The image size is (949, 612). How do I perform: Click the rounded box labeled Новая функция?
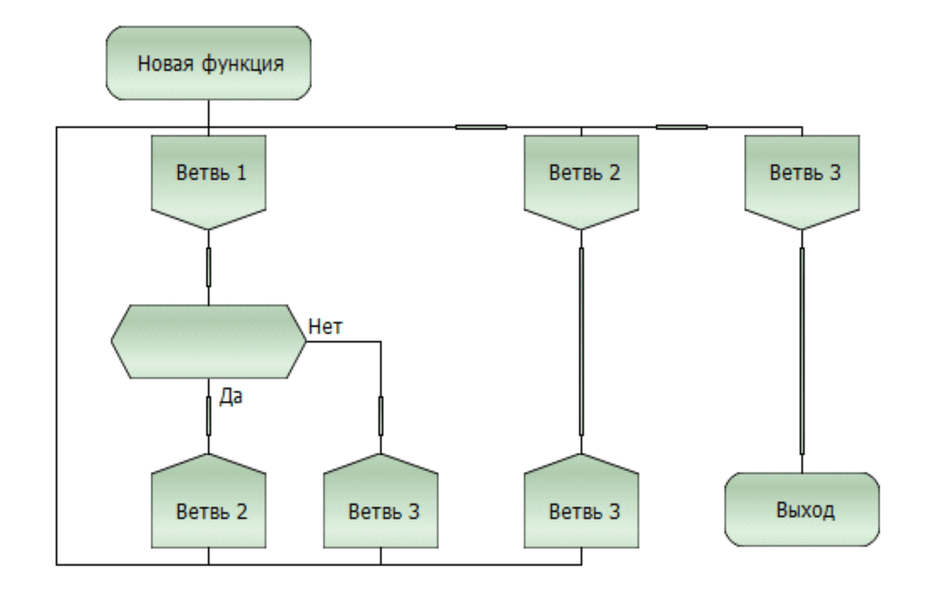208,63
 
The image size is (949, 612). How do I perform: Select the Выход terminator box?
802,509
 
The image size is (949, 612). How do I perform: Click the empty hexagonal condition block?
208,341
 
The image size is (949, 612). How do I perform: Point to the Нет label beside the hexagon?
325,326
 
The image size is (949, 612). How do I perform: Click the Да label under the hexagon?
230,397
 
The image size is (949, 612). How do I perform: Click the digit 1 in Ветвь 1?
241,173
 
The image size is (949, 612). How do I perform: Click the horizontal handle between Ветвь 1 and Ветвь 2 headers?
481,127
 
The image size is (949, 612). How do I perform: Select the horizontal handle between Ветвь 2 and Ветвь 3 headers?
682,127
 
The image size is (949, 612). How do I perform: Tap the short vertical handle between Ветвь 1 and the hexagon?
208,267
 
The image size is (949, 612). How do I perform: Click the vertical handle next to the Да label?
208,416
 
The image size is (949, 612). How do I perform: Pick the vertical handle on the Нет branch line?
381,416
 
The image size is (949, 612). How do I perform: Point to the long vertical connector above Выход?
802,351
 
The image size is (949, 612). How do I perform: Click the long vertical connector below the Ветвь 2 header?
581,341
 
